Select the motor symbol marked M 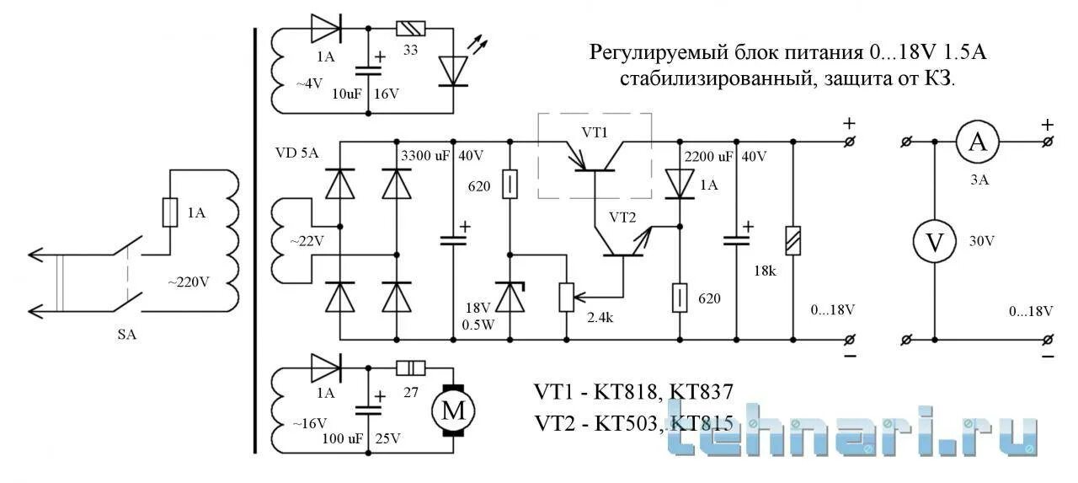point(452,411)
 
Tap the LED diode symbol point(455,72)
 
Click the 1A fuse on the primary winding point(169,213)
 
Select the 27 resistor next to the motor point(410,368)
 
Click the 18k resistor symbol point(792,242)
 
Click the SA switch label point(126,335)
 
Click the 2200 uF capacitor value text point(709,156)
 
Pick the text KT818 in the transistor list point(627,392)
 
